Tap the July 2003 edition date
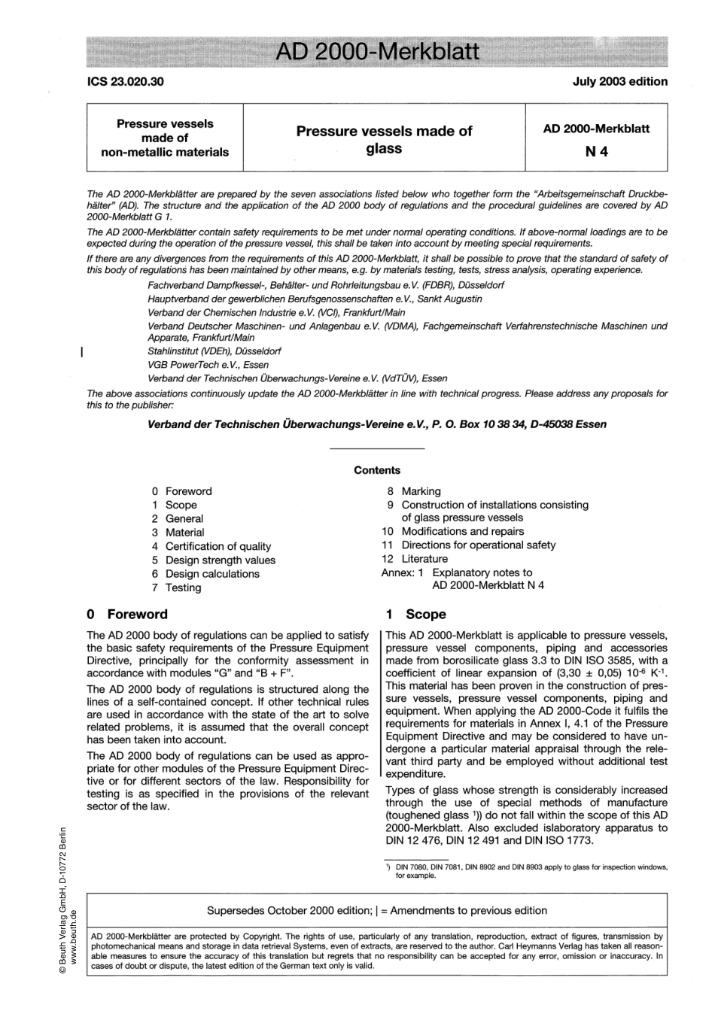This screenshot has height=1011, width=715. coord(619,81)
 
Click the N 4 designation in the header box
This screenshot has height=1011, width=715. coord(596,151)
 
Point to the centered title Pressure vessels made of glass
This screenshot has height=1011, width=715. coord(384,140)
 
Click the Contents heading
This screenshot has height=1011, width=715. coord(377,470)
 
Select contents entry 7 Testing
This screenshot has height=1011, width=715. coord(177,587)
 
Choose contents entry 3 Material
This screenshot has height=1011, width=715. coord(178,533)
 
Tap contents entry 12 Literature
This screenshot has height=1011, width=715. coord(415,559)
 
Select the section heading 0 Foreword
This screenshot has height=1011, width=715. coord(128,614)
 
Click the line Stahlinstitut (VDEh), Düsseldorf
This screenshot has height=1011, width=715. coord(218,351)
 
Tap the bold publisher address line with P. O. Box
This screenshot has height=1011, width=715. coord(377,424)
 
